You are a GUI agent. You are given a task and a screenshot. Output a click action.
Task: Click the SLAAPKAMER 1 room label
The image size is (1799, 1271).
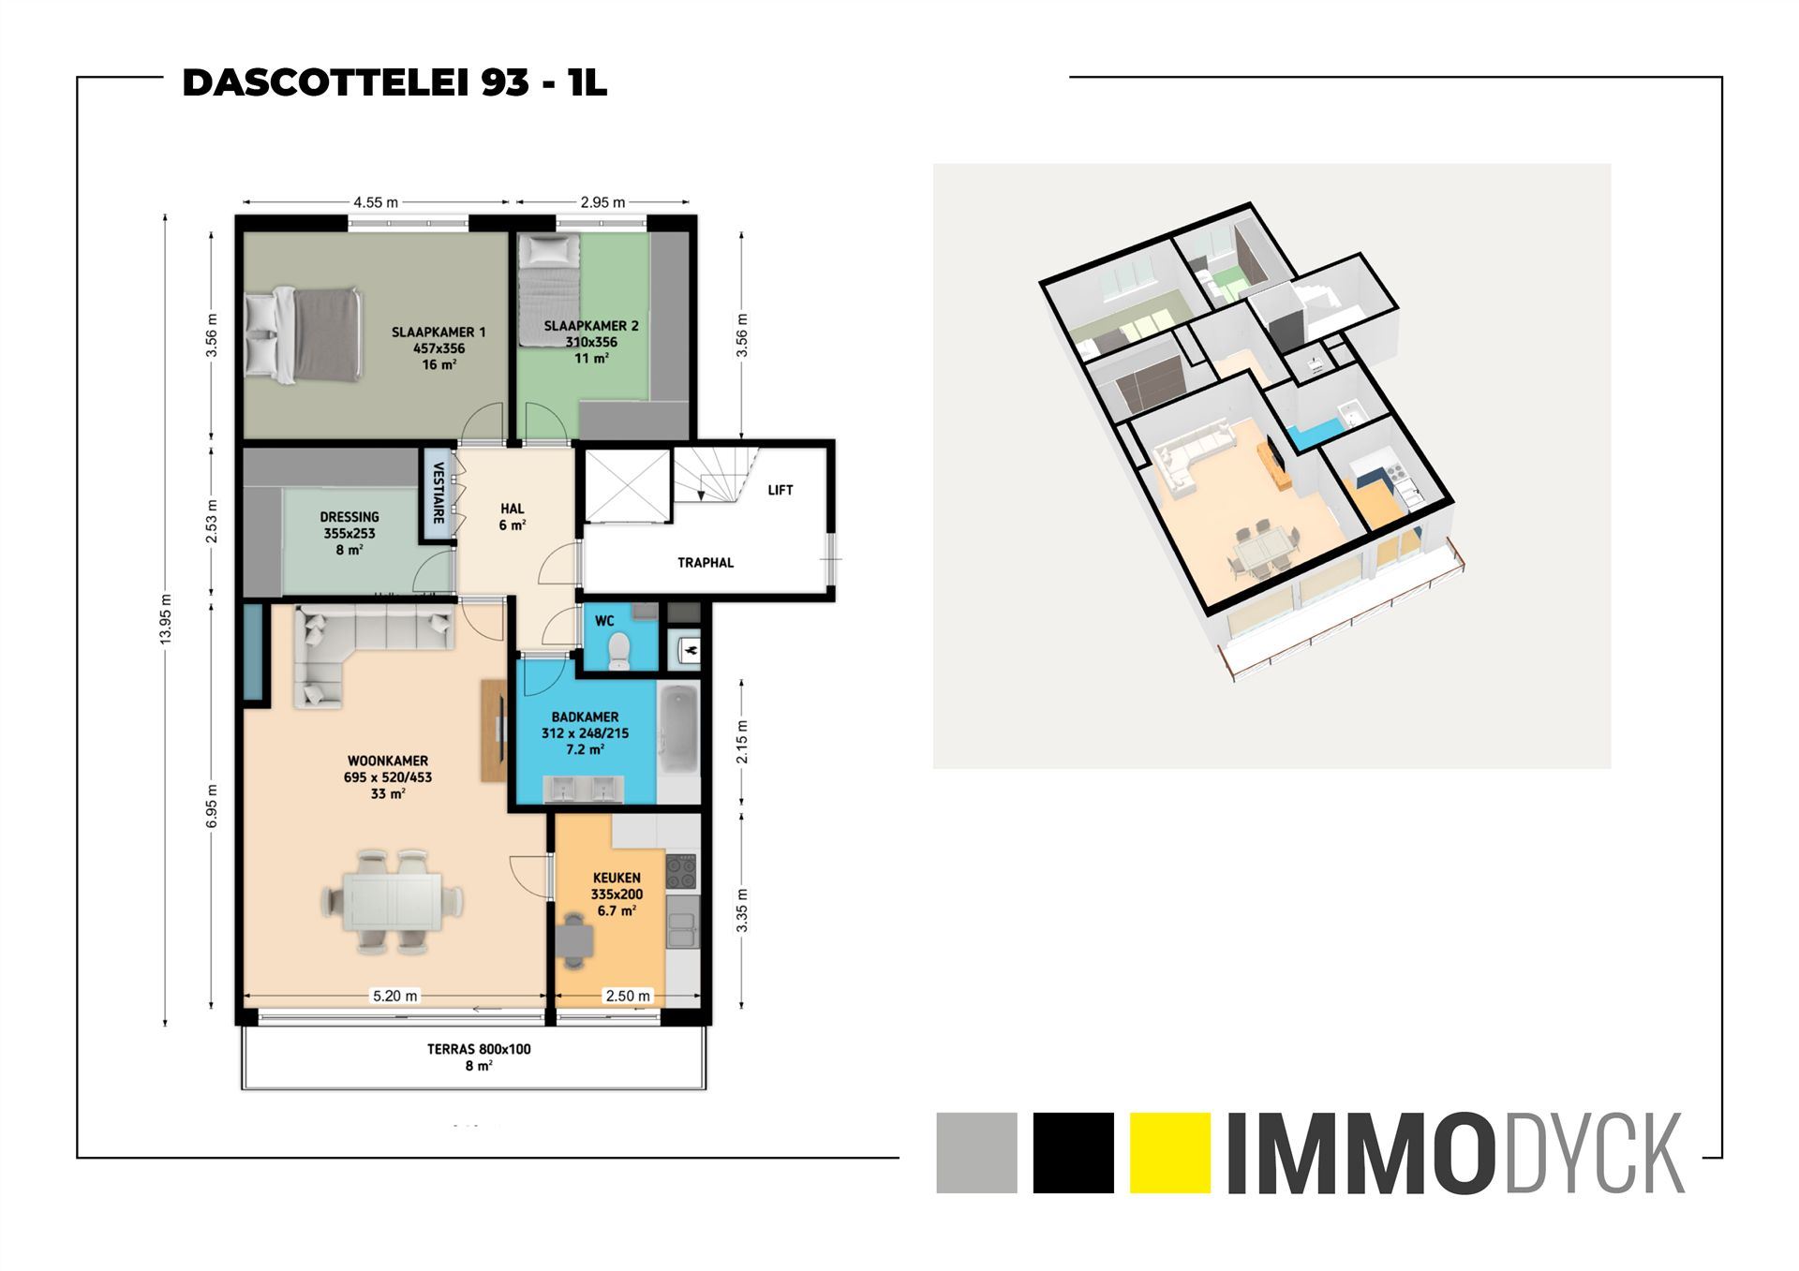[x=439, y=333]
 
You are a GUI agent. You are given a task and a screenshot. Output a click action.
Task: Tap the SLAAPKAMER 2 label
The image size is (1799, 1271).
[x=590, y=326]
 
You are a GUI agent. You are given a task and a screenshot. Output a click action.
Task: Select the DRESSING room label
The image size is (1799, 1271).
[x=349, y=517]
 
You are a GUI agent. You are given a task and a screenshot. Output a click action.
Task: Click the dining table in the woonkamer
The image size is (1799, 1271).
[x=393, y=900]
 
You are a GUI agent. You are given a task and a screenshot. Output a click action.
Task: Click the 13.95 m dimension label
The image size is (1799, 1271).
[x=166, y=619]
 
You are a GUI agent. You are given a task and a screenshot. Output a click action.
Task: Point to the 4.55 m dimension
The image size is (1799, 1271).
[x=376, y=201]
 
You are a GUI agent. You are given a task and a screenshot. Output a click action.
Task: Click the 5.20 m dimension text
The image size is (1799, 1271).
[x=394, y=996]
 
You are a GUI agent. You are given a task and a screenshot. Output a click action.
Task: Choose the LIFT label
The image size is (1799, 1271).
[x=780, y=490]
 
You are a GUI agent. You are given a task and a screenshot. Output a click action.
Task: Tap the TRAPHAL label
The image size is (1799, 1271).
[x=706, y=563]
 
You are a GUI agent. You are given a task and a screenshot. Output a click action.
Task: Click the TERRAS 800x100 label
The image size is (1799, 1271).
[x=479, y=1049]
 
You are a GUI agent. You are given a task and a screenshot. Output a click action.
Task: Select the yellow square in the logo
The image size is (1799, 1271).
[x=1169, y=1152]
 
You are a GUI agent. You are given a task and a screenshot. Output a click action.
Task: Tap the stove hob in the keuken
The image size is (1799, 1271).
[x=681, y=872]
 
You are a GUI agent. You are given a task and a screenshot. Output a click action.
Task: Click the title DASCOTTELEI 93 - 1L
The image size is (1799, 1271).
[x=394, y=83]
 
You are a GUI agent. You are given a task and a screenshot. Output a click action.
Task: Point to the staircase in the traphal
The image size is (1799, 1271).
[x=717, y=476]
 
